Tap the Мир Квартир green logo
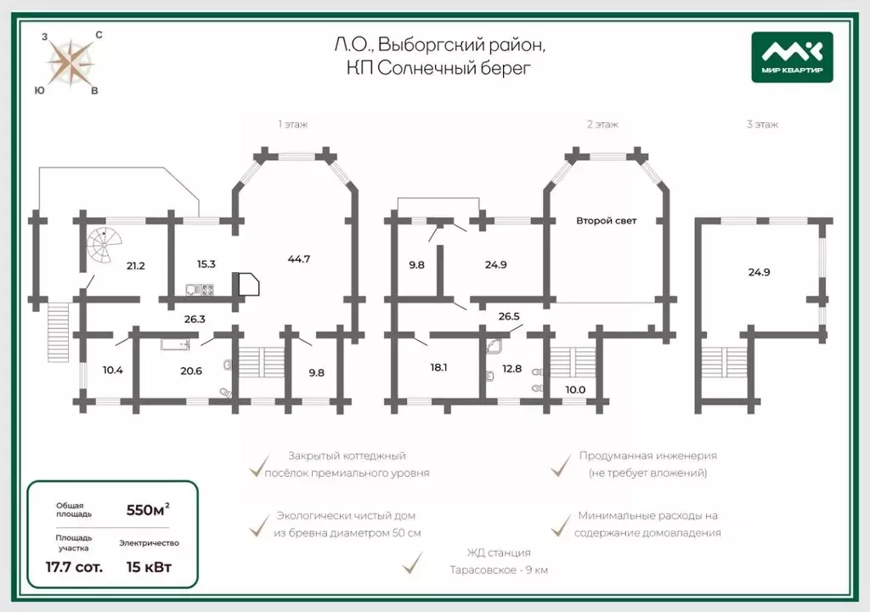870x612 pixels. click(x=792, y=57)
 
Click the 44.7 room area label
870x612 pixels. click(x=299, y=258)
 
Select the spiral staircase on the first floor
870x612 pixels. click(x=104, y=246)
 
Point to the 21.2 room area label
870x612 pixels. click(x=135, y=266)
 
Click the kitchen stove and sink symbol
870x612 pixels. click(x=200, y=289)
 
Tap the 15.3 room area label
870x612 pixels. click(x=206, y=264)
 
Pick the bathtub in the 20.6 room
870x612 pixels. click(x=175, y=344)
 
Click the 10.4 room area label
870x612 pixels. click(x=113, y=370)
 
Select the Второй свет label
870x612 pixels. click(x=606, y=220)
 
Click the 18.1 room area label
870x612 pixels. click(x=438, y=367)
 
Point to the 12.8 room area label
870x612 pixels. click(x=511, y=368)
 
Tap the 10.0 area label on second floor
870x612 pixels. click(x=575, y=390)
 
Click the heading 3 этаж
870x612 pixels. click(x=762, y=124)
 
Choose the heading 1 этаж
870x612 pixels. click(x=293, y=124)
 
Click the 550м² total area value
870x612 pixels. click(x=148, y=510)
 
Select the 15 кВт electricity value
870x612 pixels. click(x=149, y=567)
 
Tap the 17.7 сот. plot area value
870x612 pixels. click(x=74, y=567)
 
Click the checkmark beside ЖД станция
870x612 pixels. click(x=412, y=563)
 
